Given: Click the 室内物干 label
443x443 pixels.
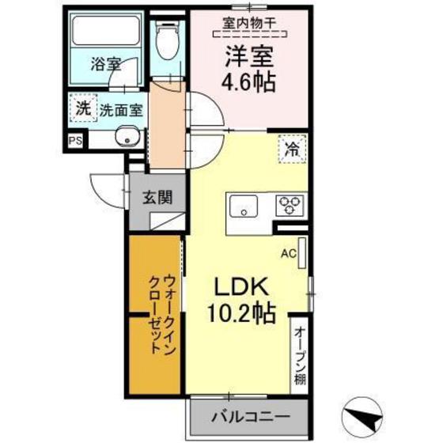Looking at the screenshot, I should [x=248, y=24].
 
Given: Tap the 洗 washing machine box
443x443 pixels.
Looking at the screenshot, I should [x=82, y=110].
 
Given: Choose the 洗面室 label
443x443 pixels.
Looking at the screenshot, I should [x=120, y=112].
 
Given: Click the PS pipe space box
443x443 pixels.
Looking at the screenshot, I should [x=75, y=141].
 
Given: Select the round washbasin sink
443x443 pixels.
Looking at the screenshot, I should [x=126, y=140].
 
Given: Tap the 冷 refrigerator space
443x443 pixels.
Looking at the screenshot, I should [x=292, y=148].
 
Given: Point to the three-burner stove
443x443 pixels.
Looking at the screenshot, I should [x=290, y=204].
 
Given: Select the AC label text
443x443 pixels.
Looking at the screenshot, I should [x=289, y=254].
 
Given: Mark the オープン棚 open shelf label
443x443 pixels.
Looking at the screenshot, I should [x=300, y=356].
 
